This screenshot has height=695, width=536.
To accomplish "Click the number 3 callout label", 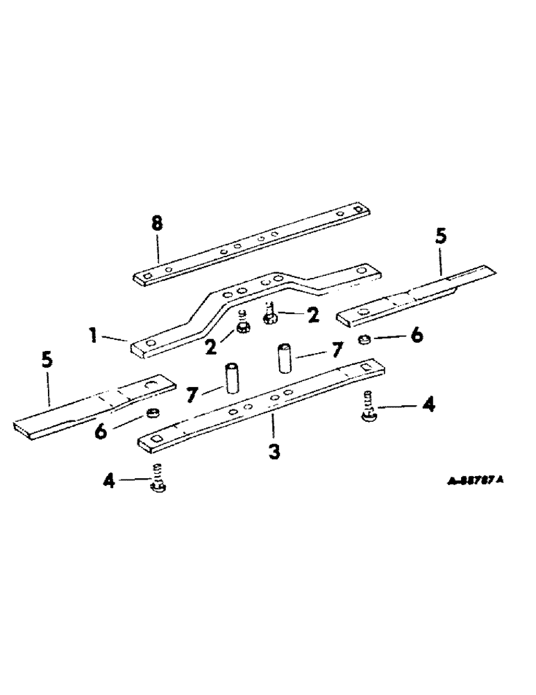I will (x=274, y=452).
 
